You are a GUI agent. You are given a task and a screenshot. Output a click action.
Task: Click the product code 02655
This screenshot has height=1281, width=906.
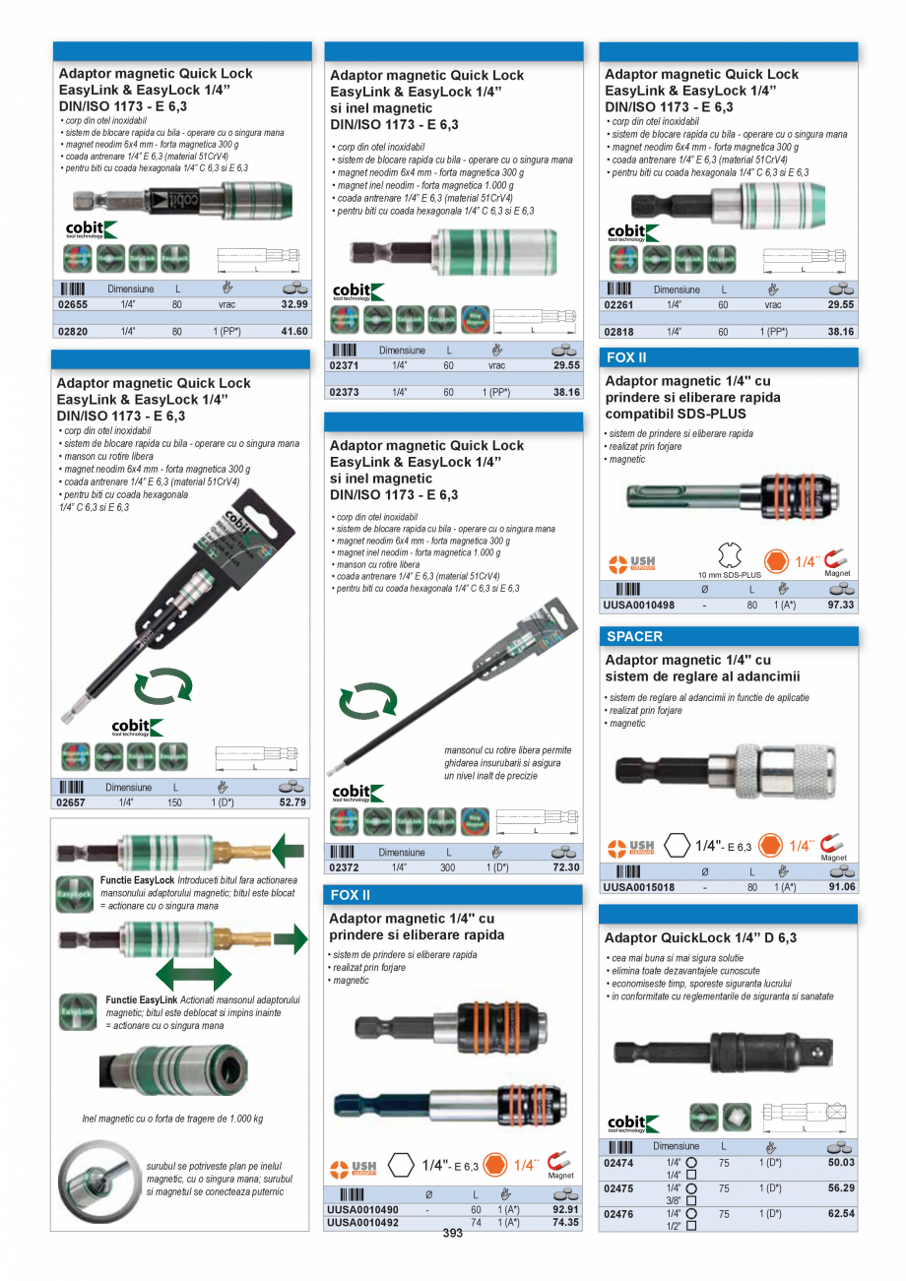(x=74, y=304)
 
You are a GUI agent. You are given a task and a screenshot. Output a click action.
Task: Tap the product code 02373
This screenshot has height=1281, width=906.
(x=345, y=392)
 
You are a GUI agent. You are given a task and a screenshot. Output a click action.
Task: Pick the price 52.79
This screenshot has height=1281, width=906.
(x=293, y=802)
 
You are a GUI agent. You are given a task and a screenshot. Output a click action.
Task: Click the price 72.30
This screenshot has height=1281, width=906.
(x=566, y=867)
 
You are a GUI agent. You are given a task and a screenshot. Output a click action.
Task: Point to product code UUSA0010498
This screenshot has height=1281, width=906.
(x=639, y=605)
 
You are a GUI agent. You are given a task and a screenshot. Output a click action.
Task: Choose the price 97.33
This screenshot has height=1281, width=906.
(x=841, y=605)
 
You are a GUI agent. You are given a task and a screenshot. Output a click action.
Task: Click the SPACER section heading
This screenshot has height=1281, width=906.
(x=635, y=636)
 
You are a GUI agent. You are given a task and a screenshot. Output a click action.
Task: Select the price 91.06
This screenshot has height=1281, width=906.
(x=841, y=886)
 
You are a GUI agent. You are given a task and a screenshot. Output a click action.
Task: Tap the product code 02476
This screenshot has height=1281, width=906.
(x=618, y=1214)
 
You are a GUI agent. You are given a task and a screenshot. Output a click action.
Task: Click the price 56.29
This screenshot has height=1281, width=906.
(x=840, y=1188)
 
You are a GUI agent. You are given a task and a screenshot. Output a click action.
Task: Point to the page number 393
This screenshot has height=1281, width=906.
(x=453, y=1234)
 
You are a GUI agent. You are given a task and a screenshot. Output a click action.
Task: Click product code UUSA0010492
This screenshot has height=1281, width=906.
(x=362, y=1223)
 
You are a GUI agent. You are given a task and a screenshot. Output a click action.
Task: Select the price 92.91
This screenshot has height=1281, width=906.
(x=565, y=1209)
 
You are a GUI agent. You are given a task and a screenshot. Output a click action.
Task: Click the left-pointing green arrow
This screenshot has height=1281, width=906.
(x=289, y=849)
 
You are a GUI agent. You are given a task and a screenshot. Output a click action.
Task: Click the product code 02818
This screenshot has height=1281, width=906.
(x=619, y=332)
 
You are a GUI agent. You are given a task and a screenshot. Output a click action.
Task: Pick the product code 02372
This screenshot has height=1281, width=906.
(x=345, y=867)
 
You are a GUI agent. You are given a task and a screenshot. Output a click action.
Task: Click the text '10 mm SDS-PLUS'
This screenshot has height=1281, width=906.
(x=730, y=574)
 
